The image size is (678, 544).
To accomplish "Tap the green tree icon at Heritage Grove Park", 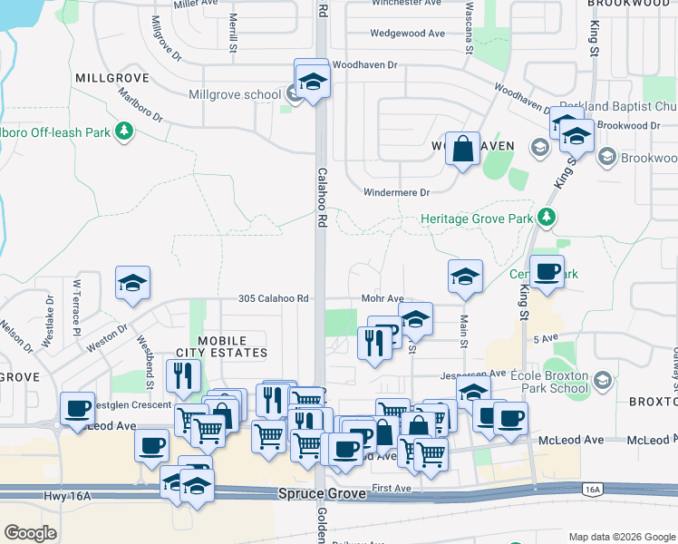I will coord(546,218).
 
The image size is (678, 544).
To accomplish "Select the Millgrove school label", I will coord(235,94).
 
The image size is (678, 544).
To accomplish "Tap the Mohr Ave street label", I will coord(382,298).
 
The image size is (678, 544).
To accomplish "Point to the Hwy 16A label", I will coord(68,495).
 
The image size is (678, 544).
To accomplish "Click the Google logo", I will coord(30,533).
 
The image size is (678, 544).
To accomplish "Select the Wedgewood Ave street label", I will coord(407,34).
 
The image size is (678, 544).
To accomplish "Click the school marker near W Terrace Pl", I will coord(132,283).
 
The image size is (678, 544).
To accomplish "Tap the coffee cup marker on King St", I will coord(547,272).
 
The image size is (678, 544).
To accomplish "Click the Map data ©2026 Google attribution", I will coord(621,537).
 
